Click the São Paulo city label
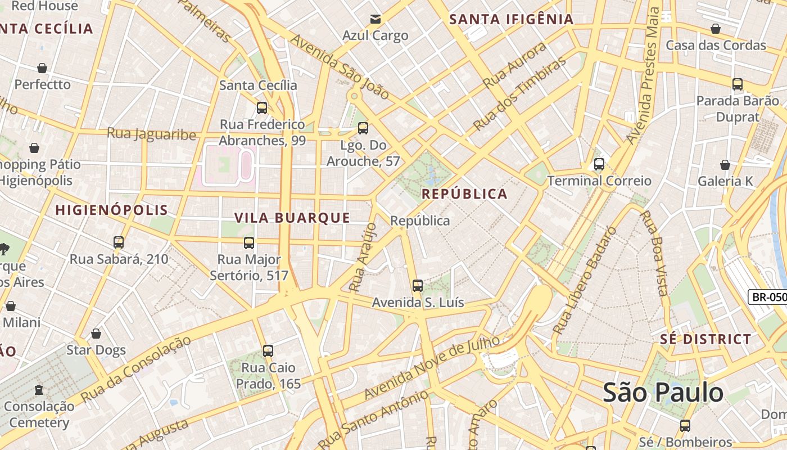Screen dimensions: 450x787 click(663, 392)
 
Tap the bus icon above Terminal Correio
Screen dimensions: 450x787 click(599, 164)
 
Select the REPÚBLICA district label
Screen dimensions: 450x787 click(464, 194)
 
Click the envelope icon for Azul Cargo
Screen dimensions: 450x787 click(375, 20)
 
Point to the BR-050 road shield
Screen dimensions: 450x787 click(768, 297)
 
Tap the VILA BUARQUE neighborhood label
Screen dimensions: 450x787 click(292, 218)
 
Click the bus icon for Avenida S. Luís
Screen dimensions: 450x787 click(417, 286)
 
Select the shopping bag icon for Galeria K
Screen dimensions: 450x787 click(725, 165)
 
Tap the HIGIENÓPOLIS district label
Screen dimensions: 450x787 click(111, 210)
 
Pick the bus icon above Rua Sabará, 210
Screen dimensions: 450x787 click(118, 242)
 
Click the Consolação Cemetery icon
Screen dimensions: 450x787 click(39, 389)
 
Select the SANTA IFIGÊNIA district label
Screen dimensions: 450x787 click(512, 19)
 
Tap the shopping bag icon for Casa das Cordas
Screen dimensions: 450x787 click(716, 29)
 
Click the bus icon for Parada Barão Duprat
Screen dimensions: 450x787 click(737, 84)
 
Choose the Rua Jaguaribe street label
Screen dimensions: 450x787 click(151, 134)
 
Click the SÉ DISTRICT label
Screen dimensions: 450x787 click(705, 339)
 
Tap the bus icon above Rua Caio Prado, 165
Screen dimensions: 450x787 click(268, 351)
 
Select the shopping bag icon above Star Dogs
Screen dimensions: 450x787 click(96, 334)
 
